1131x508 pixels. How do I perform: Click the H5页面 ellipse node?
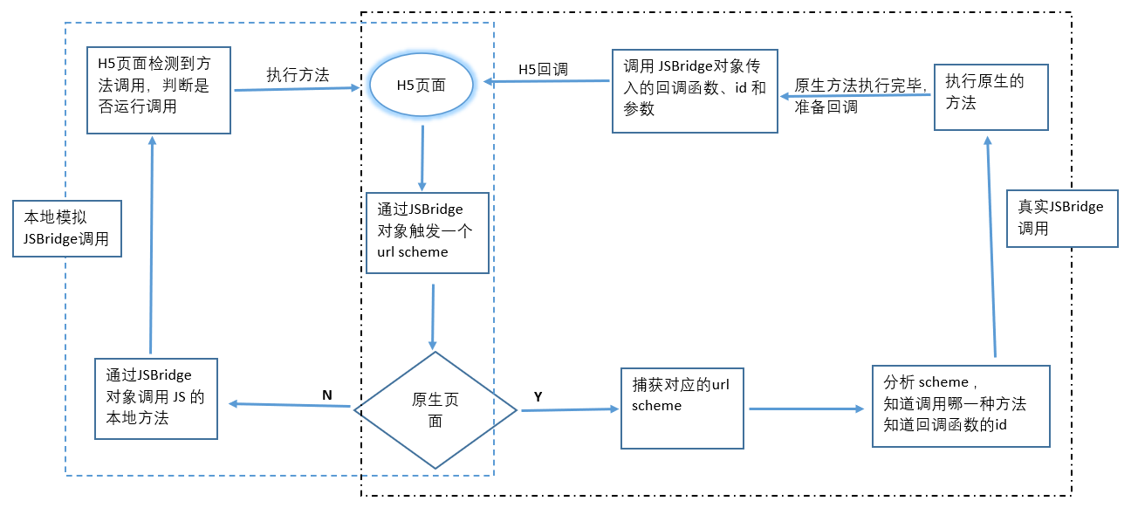tap(422, 85)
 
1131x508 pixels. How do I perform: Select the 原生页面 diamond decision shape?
tap(435, 409)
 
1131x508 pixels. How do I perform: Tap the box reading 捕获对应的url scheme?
tap(682, 407)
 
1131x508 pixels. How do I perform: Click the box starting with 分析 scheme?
tap(961, 406)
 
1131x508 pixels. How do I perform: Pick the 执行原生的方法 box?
tap(990, 97)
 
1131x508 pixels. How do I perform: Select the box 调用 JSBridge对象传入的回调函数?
tap(695, 91)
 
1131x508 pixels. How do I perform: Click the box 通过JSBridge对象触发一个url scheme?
tap(427, 232)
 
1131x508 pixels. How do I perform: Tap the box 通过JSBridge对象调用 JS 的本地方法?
tap(156, 398)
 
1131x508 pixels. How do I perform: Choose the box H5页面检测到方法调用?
tap(159, 91)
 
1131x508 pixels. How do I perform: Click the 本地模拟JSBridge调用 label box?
tap(66, 229)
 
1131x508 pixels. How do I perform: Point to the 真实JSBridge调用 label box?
tap(1061, 218)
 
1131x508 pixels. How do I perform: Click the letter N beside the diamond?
tap(326, 395)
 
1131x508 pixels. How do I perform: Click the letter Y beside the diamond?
tap(538, 397)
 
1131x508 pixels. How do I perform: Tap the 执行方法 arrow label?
tap(298, 75)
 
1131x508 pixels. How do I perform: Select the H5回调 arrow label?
tap(543, 69)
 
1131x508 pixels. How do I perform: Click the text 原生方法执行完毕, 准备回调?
tap(859, 96)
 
